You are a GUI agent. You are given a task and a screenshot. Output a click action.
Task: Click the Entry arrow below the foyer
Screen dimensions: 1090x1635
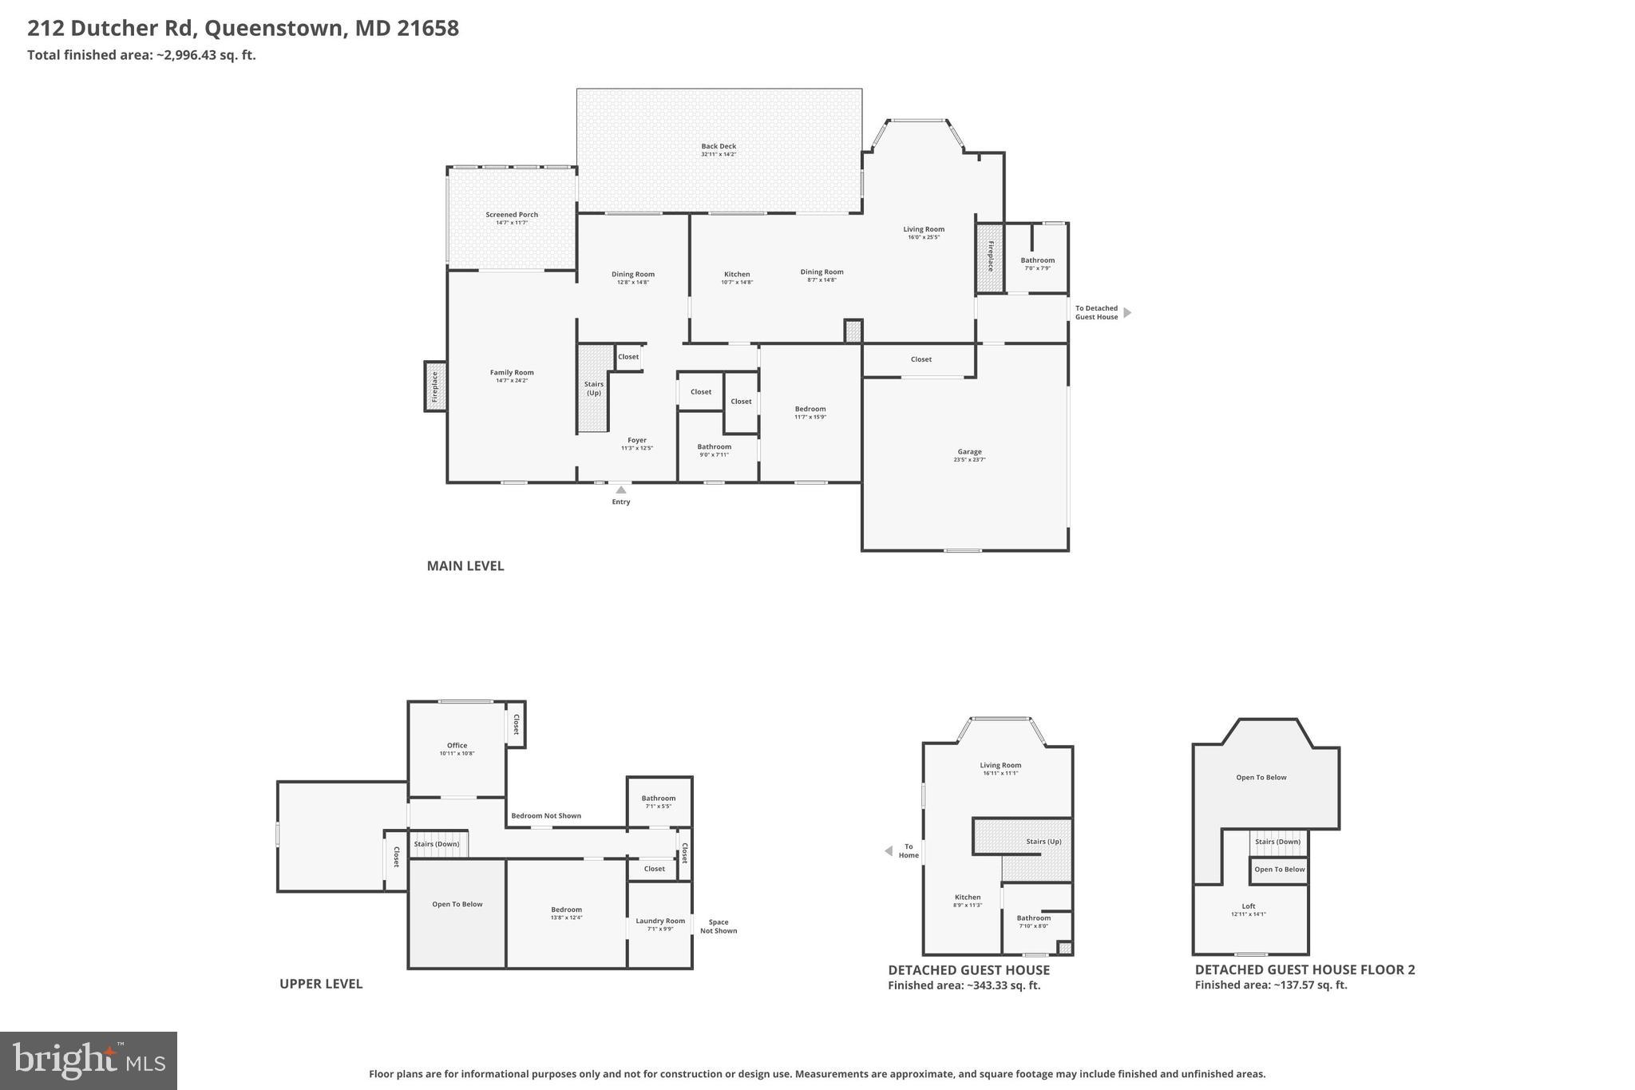coord(621,490)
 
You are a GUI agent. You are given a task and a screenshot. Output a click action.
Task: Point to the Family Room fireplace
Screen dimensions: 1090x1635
coord(435,386)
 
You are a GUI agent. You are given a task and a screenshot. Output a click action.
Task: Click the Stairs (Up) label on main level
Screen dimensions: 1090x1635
coord(593,388)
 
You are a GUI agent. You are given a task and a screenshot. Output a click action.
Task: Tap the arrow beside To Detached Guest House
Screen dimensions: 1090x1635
coord(1127,313)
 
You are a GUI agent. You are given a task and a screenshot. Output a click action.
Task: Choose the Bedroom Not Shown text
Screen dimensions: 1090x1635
coord(546,816)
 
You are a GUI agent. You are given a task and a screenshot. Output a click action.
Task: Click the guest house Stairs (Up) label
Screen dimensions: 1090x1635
coord(1043,842)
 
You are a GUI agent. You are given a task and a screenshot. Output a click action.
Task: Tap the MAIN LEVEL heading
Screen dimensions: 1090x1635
coord(465,566)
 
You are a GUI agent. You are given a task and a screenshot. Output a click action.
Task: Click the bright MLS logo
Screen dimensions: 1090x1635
coord(89,1060)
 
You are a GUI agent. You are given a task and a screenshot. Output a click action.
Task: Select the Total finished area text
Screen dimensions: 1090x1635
coord(141,55)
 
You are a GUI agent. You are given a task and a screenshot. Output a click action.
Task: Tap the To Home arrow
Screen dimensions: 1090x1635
coord(889,851)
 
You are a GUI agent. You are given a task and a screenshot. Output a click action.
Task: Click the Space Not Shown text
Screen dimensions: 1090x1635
coord(719,926)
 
